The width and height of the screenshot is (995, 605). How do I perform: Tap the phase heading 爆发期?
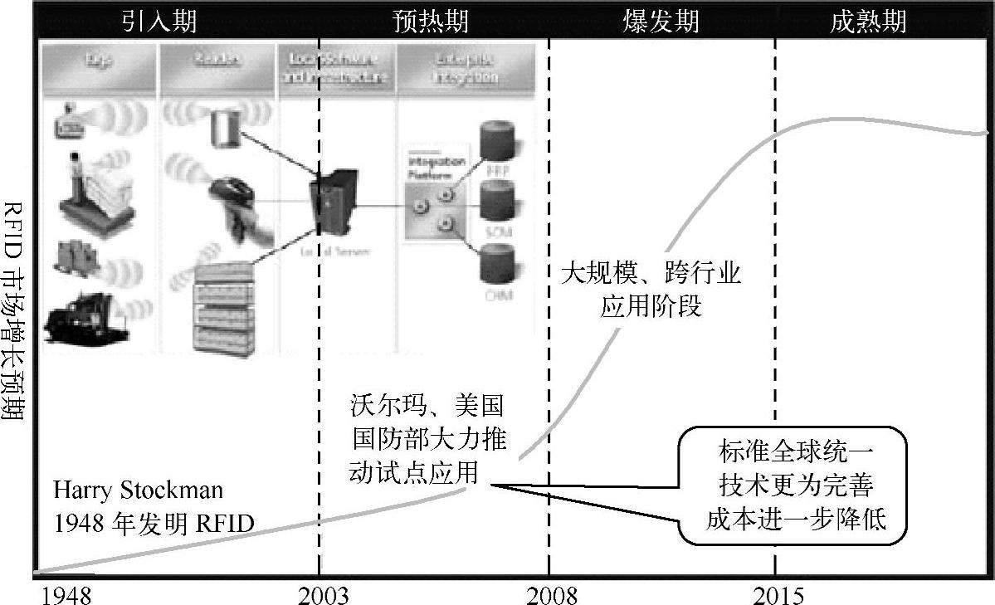661,20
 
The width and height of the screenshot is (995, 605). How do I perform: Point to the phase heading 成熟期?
868,20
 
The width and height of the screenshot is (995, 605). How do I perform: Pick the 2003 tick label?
323,594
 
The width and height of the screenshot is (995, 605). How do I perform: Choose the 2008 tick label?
551,594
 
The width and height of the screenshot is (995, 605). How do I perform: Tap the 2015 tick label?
778,594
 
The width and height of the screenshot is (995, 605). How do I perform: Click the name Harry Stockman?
139,490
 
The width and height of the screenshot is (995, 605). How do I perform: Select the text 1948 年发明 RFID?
154,523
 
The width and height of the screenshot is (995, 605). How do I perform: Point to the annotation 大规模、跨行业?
651,274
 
